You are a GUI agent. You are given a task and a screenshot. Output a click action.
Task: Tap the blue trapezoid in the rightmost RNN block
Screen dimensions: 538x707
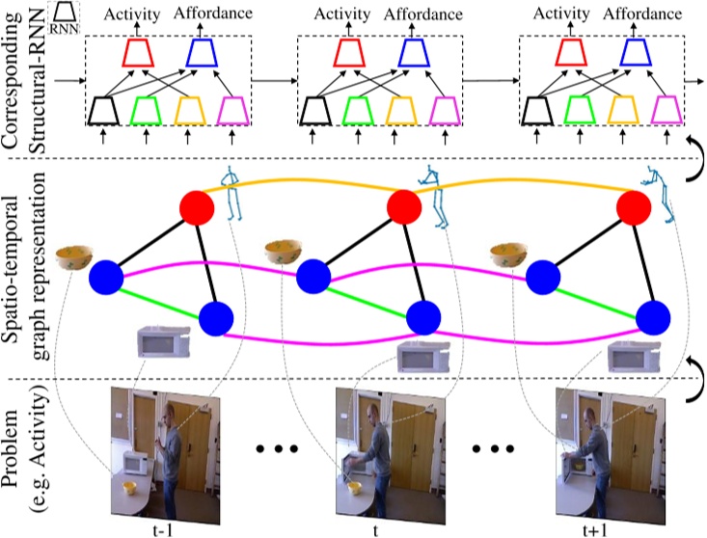(632, 54)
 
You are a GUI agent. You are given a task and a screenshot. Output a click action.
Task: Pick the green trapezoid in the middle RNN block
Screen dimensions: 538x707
(365, 111)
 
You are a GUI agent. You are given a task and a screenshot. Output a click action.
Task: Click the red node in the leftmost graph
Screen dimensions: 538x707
(196, 206)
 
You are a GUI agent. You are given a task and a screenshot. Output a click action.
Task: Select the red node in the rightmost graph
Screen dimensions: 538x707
(634, 206)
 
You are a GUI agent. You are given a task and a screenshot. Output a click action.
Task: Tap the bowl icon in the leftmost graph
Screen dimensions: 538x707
(74, 256)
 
